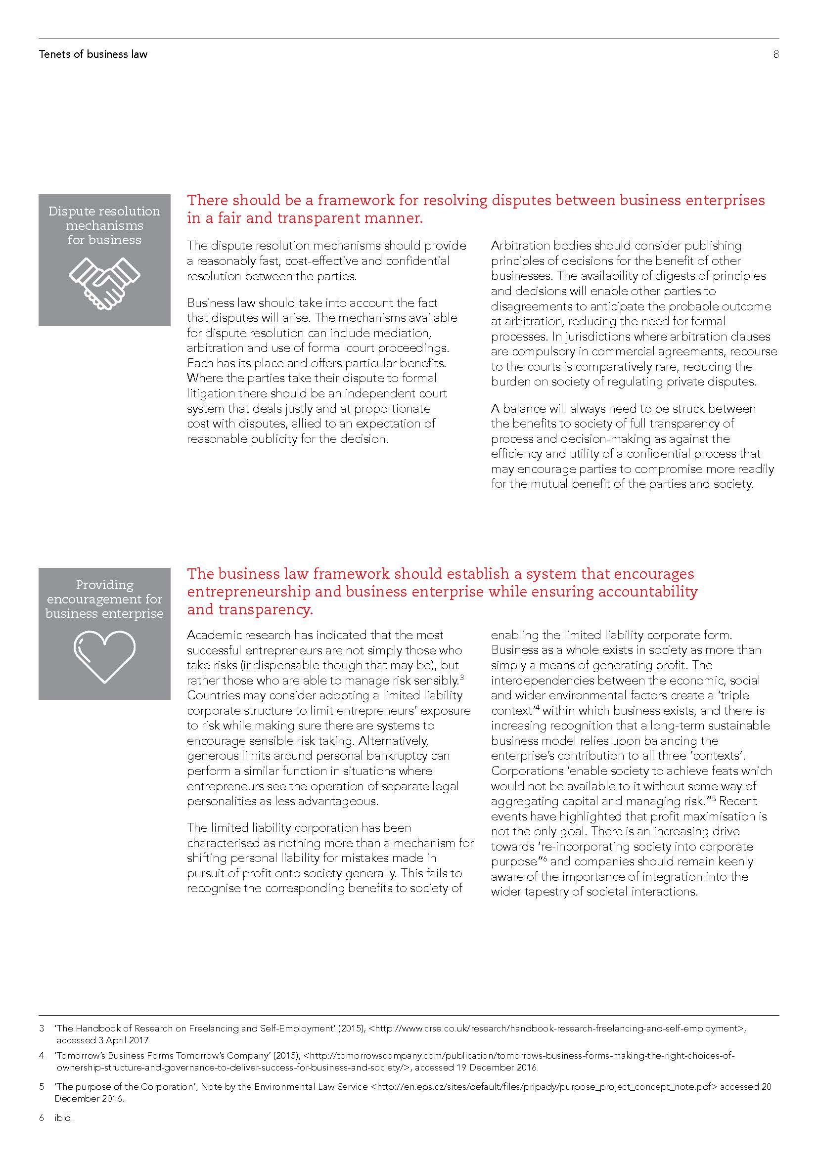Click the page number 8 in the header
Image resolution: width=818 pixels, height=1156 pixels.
pos(775,54)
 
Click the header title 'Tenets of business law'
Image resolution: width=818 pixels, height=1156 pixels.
pos(93,54)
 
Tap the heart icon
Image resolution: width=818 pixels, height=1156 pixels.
pos(104,656)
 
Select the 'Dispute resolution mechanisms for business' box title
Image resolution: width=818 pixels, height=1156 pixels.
pos(104,225)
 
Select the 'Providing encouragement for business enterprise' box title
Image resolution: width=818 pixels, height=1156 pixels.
pos(104,599)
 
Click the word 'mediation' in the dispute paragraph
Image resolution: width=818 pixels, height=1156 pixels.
pos(401,333)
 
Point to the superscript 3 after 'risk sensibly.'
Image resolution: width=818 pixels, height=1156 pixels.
pos(461,677)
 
